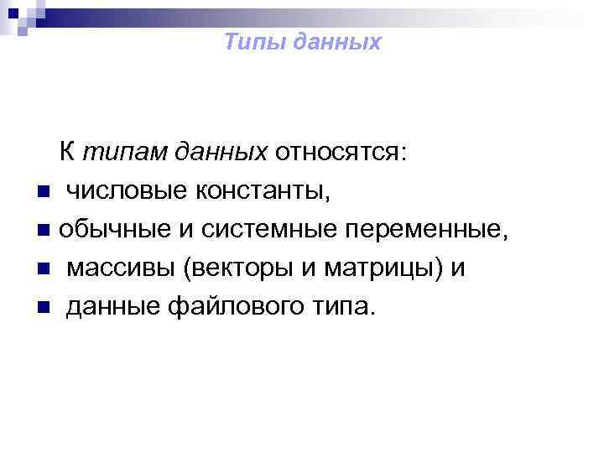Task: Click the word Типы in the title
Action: [253, 43]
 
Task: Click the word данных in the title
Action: [335, 43]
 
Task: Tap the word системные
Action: [247, 231]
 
